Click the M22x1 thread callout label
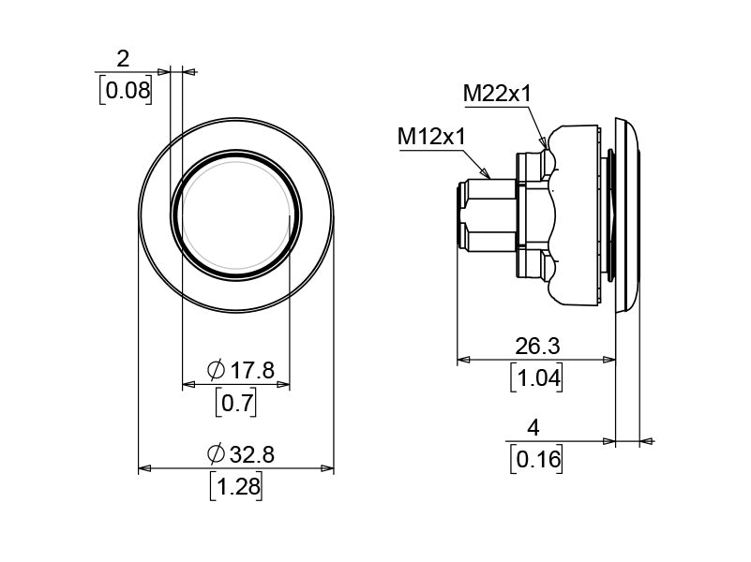tap(497, 94)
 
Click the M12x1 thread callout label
tap(431, 137)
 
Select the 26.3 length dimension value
tap(537, 346)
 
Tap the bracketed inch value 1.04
tap(536, 377)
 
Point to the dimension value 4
tap(533, 428)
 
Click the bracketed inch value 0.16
tap(536, 459)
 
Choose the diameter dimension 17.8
tap(251, 371)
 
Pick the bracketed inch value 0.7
tap(235, 404)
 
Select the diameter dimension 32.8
tap(251, 454)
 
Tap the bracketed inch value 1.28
tap(235, 487)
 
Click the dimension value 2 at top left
tap(123, 59)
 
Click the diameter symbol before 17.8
tap(215, 371)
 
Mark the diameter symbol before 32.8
tap(215, 454)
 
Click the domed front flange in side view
tap(627, 215)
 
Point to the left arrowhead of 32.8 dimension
tap(144, 468)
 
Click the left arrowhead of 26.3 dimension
tap(462, 360)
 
